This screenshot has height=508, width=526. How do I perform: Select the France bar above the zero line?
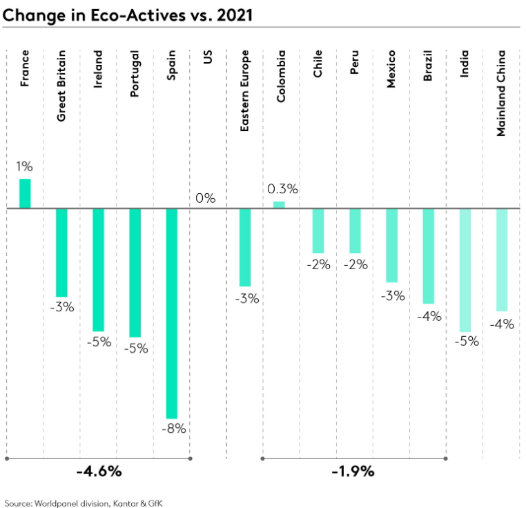[x=25, y=193]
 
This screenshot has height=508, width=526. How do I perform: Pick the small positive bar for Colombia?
[x=279, y=204]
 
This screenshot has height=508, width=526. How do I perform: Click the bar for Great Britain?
[x=61, y=252]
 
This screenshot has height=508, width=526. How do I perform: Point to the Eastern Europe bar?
[x=245, y=247]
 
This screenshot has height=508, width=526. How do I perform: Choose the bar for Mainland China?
[x=502, y=260]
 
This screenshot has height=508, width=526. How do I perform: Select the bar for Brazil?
[x=428, y=255]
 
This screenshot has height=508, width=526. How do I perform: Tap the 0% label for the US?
[x=205, y=198]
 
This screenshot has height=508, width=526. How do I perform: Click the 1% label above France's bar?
[x=26, y=166]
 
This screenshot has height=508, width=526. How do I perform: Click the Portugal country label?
[x=135, y=74]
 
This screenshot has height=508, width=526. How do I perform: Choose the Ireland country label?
[x=98, y=68]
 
